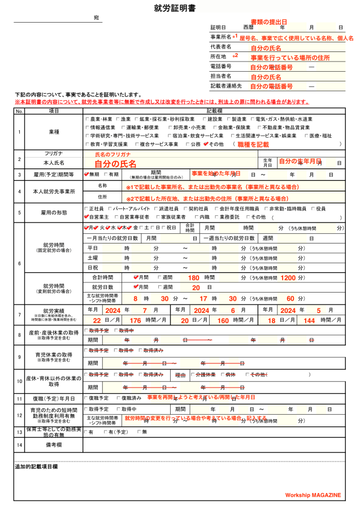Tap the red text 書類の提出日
tap(268, 21)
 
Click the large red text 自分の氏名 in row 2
tap(115, 164)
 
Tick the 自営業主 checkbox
tap(86, 217)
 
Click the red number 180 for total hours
tap(193, 278)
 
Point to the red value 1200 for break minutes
tap(288, 278)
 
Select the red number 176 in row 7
tap(135, 320)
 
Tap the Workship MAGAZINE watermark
tap(313, 495)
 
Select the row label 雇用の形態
tap(54, 213)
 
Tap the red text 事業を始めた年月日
tap(216, 173)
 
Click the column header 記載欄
tap(214, 111)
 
